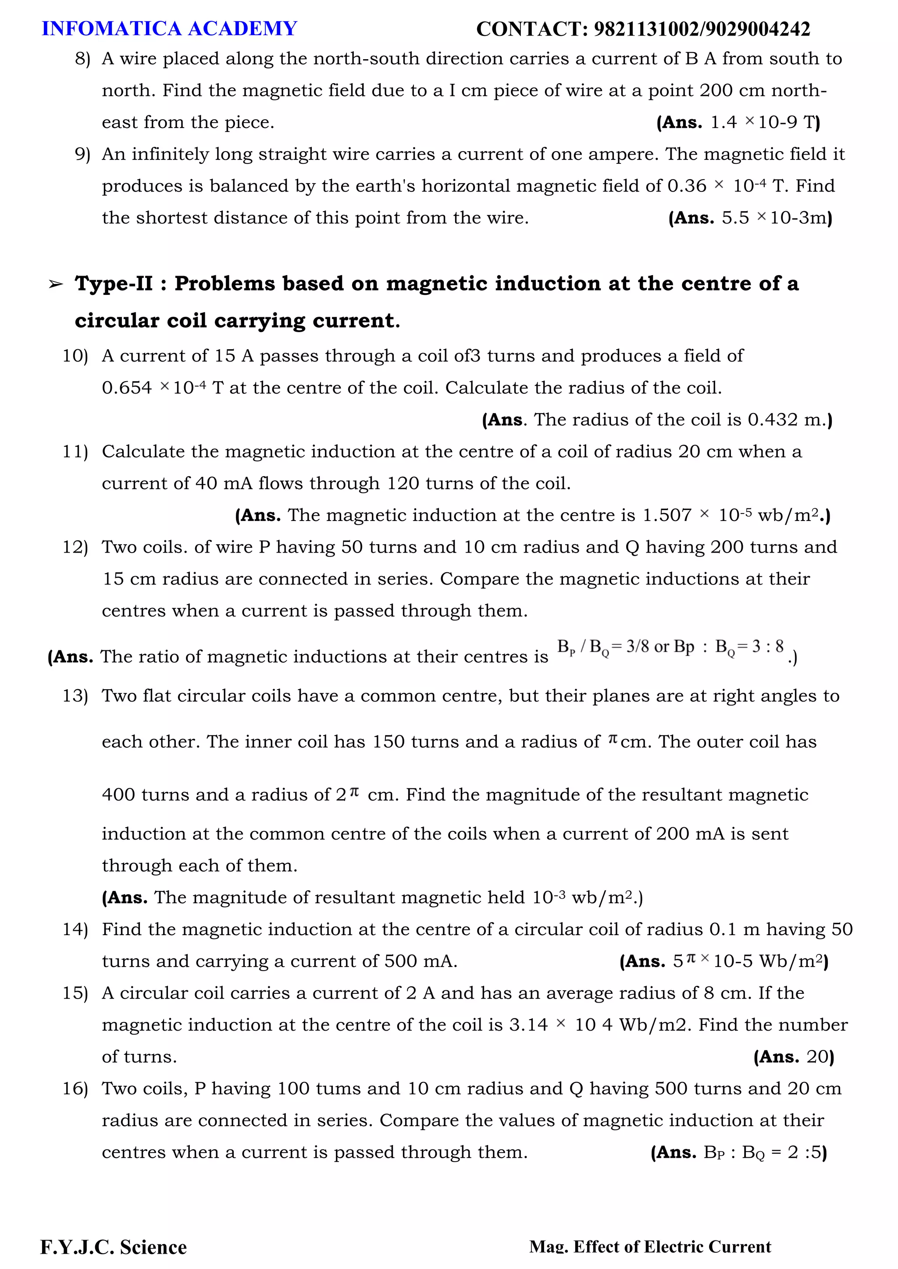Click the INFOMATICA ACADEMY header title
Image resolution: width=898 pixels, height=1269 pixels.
pyautogui.click(x=169, y=29)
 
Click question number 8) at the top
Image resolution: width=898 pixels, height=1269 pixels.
pyautogui.click(x=82, y=59)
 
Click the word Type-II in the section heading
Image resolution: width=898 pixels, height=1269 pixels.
pyautogui.click(x=114, y=284)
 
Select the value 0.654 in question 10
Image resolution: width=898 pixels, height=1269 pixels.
pyautogui.click(x=127, y=388)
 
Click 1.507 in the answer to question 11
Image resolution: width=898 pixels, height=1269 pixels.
pyautogui.click(x=666, y=516)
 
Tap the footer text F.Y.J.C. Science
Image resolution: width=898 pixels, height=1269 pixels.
pyautogui.click(x=114, y=1247)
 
